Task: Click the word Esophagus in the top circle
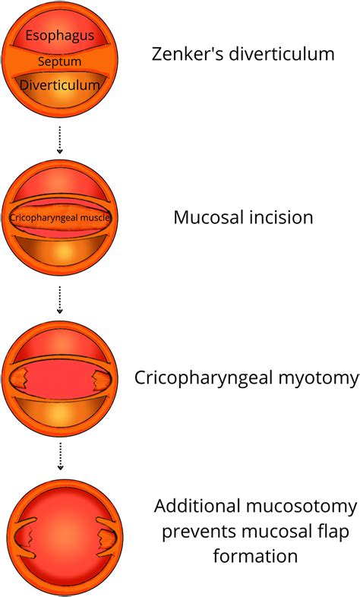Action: click(x=60, y=36)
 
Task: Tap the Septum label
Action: click(x=59, y=62)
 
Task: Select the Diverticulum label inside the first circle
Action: click(x=59, y=85)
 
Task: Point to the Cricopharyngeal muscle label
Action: click(x=60, y=218)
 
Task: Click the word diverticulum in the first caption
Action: click(x=282, y=54)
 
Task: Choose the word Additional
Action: click(x=197, y=507)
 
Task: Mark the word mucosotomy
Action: click(x=301, y=507)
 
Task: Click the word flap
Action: click(x=332, y=532)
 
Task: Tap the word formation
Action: click(x=255, y=556)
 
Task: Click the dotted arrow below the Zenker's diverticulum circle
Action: click(x=59, y=139)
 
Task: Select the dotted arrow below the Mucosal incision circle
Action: click(x=59, y=300)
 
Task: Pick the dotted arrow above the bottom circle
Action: click(x=60, y=456)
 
